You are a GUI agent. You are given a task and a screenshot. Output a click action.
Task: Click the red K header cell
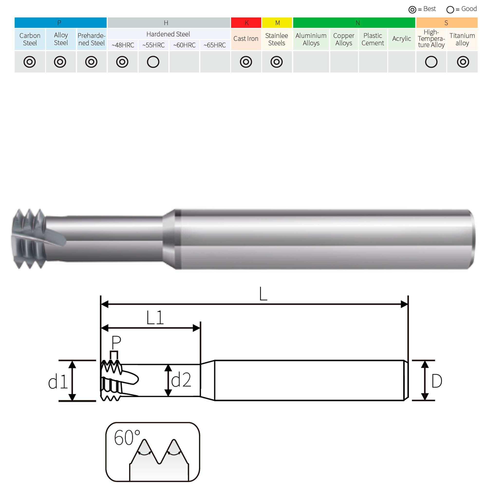coord(246,23)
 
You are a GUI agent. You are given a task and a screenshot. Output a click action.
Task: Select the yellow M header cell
coord(277,23)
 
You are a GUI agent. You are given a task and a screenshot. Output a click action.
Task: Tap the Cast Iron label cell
coord(246,39)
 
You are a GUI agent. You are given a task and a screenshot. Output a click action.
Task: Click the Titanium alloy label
coord(462,39)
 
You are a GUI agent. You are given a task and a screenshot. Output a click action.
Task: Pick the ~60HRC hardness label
coord(184,45)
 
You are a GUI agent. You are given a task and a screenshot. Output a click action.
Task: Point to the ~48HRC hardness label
coord(123,45)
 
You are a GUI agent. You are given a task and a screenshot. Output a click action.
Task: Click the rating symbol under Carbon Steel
coord(29,62)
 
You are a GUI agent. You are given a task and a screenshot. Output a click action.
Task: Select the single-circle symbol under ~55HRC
coord(153,62)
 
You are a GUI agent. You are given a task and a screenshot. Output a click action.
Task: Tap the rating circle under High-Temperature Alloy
coord(431,62)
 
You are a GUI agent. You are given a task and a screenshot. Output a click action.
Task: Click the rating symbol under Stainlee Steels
coord(277,62)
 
